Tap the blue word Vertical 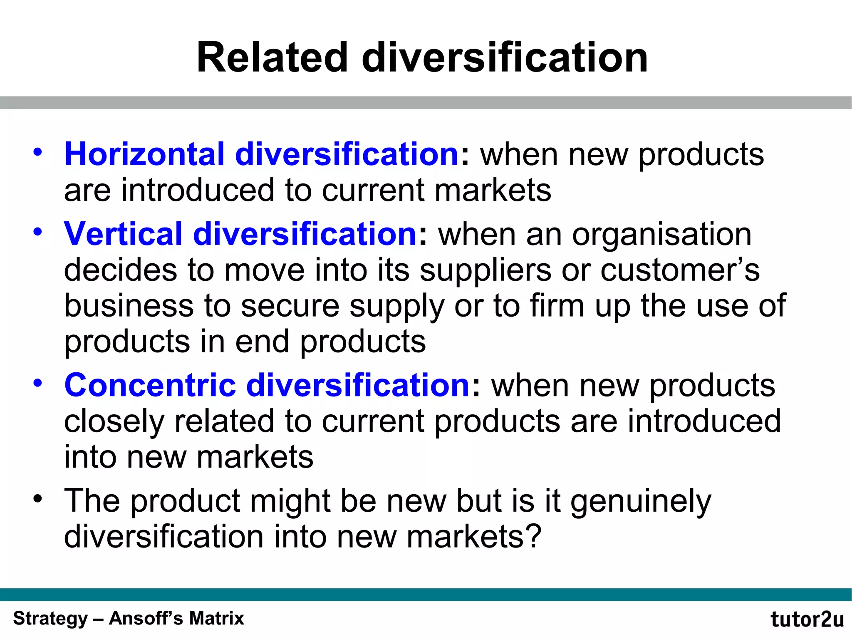123,234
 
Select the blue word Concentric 150,385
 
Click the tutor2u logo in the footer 807,619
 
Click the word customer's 680,270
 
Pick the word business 129,306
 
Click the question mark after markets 533,536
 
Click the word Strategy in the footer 50,619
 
